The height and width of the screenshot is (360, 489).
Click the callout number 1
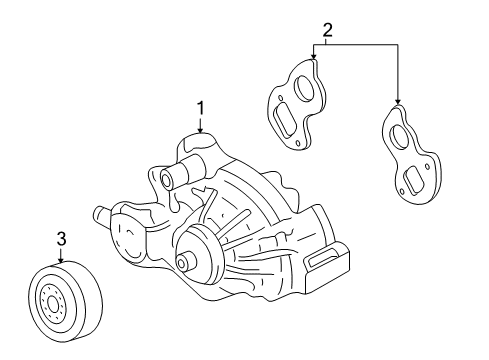[200, 109]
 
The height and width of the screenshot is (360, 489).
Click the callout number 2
[327, 30]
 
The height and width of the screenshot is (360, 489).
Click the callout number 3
[61, 239]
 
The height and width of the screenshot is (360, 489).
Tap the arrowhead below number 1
[200, 130]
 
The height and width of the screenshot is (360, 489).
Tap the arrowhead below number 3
[61, 260]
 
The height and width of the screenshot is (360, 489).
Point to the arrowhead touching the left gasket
[313, 56]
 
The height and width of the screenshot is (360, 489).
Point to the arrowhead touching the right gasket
[397, 102]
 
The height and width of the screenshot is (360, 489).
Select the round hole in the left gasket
[303, 88]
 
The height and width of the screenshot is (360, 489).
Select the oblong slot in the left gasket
[284, 120]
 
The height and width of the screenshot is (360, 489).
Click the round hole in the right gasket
[400, 136]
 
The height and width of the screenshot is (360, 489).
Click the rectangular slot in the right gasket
[412, 181]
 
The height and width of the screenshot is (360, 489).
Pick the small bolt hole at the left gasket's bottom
[298, 143]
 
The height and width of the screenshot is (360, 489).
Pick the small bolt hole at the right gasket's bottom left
[402, 192]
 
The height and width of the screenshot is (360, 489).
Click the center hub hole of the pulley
[52, 304]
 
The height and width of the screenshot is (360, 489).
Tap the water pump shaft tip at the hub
[182, 263]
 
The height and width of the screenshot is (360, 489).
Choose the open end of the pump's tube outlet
[166, 179]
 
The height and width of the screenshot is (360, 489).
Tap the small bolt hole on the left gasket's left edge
[281, 98]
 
